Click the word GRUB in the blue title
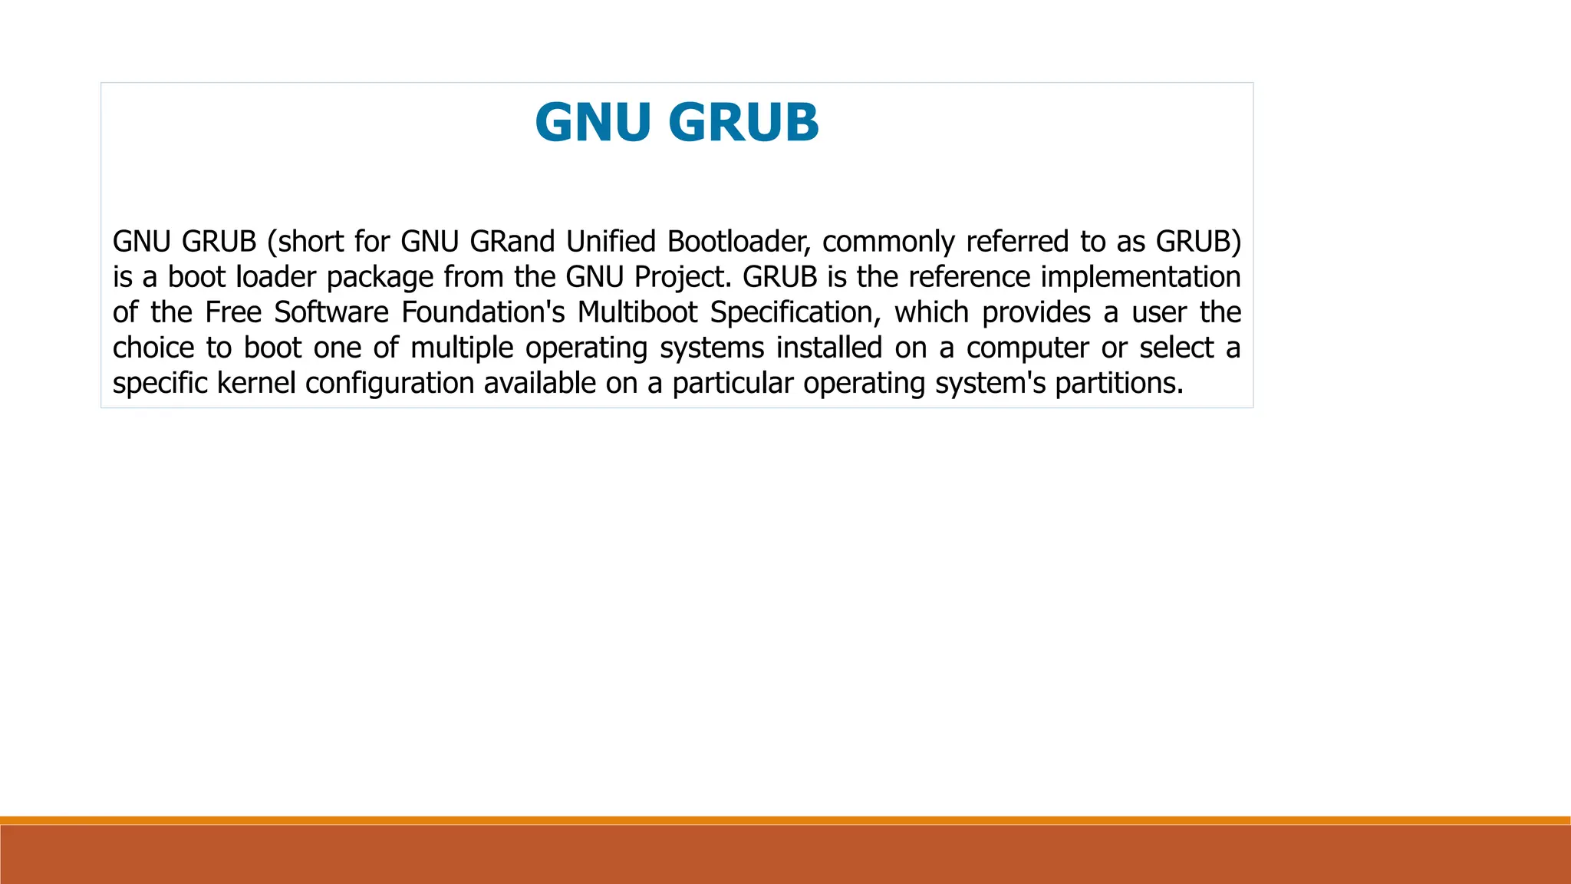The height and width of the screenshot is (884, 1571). click(x=743, y=123)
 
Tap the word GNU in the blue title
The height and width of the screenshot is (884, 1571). click(x=593, y=123)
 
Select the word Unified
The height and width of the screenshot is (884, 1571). click(x=611, y=242)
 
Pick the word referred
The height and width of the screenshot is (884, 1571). click(x=1017, y=242)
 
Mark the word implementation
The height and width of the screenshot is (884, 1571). click(x=1141, y=277)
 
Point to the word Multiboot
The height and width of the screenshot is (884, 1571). click(x=637, y=312)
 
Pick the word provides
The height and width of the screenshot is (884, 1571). click(x=1036, y=313)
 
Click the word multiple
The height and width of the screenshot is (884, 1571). click(x=462, y=348)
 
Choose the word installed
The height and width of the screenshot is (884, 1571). click(x=828, y=348)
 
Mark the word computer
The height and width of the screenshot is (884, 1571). click(x=1027, y=348)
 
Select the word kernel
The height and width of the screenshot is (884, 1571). click(x=256, y=383)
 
